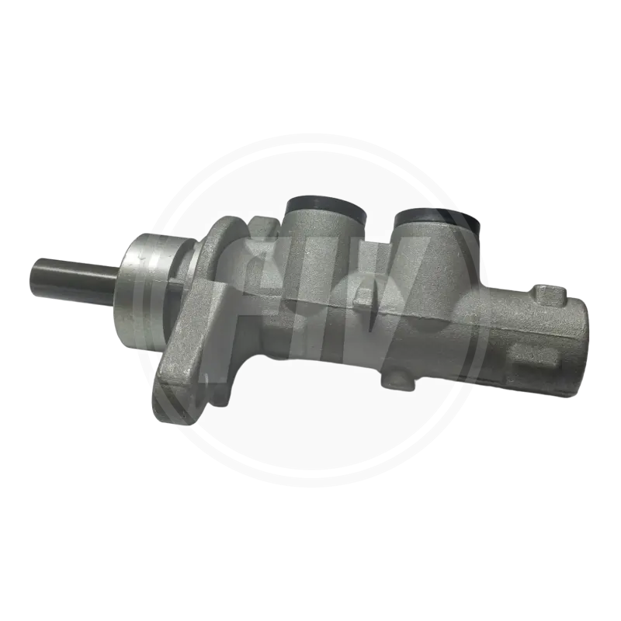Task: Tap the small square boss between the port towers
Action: click(x=363, y=297)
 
